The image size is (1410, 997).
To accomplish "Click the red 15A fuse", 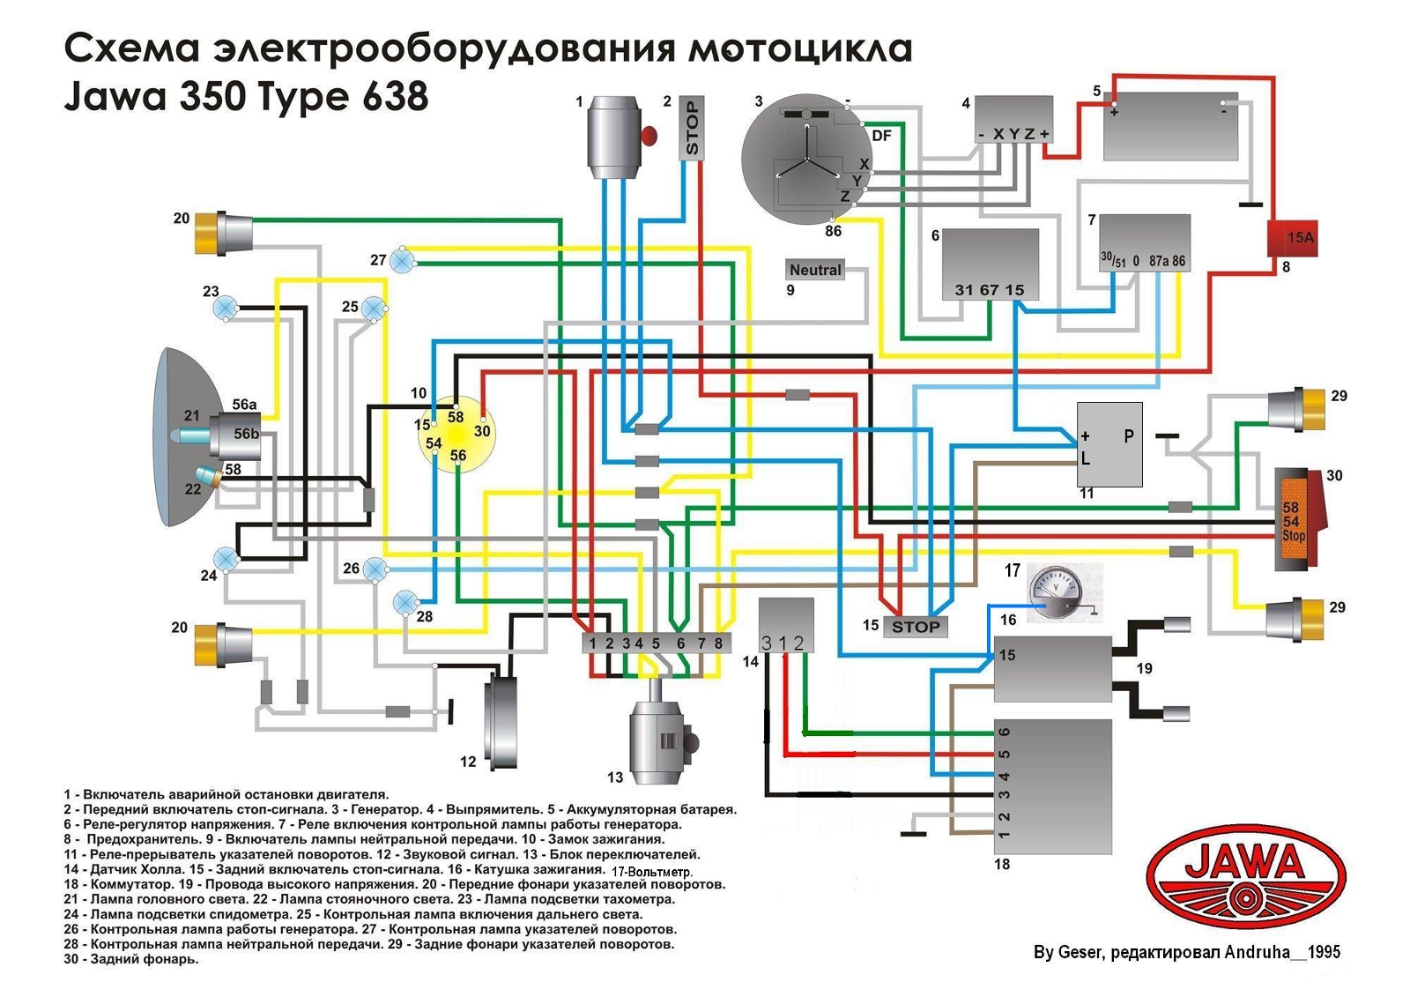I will pyautogui.click(x=1292, y=238).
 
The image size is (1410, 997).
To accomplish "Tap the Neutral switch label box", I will pyautogui.click(x=815, y=270).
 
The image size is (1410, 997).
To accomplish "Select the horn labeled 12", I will pyautogui.click(x=501, y=723).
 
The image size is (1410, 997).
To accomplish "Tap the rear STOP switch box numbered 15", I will pyautogui.click(x=916, y=627).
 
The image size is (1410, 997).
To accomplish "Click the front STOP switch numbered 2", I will pyautogui.click(x=692, y=129).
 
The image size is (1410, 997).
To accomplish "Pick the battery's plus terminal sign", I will pyautogui.click(x=1114, y=112).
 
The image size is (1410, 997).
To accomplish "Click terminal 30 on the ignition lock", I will pyautogui.click(x=482, y=431).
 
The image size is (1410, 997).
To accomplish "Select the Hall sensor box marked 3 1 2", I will pyautogui.click(x=786, y=625).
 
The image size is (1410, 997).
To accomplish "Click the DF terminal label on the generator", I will pyautogui.click(x=881, y=136).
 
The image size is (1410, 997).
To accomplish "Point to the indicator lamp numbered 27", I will pyautogui.click(x=403, y=261).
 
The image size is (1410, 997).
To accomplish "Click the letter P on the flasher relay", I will pyautogui.click(x=1129, y=435).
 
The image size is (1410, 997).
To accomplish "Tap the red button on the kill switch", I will pyautogui.click(x=649, y=136).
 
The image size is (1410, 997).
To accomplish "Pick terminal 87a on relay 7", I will pyautogui.click(x=1159, y=261).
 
